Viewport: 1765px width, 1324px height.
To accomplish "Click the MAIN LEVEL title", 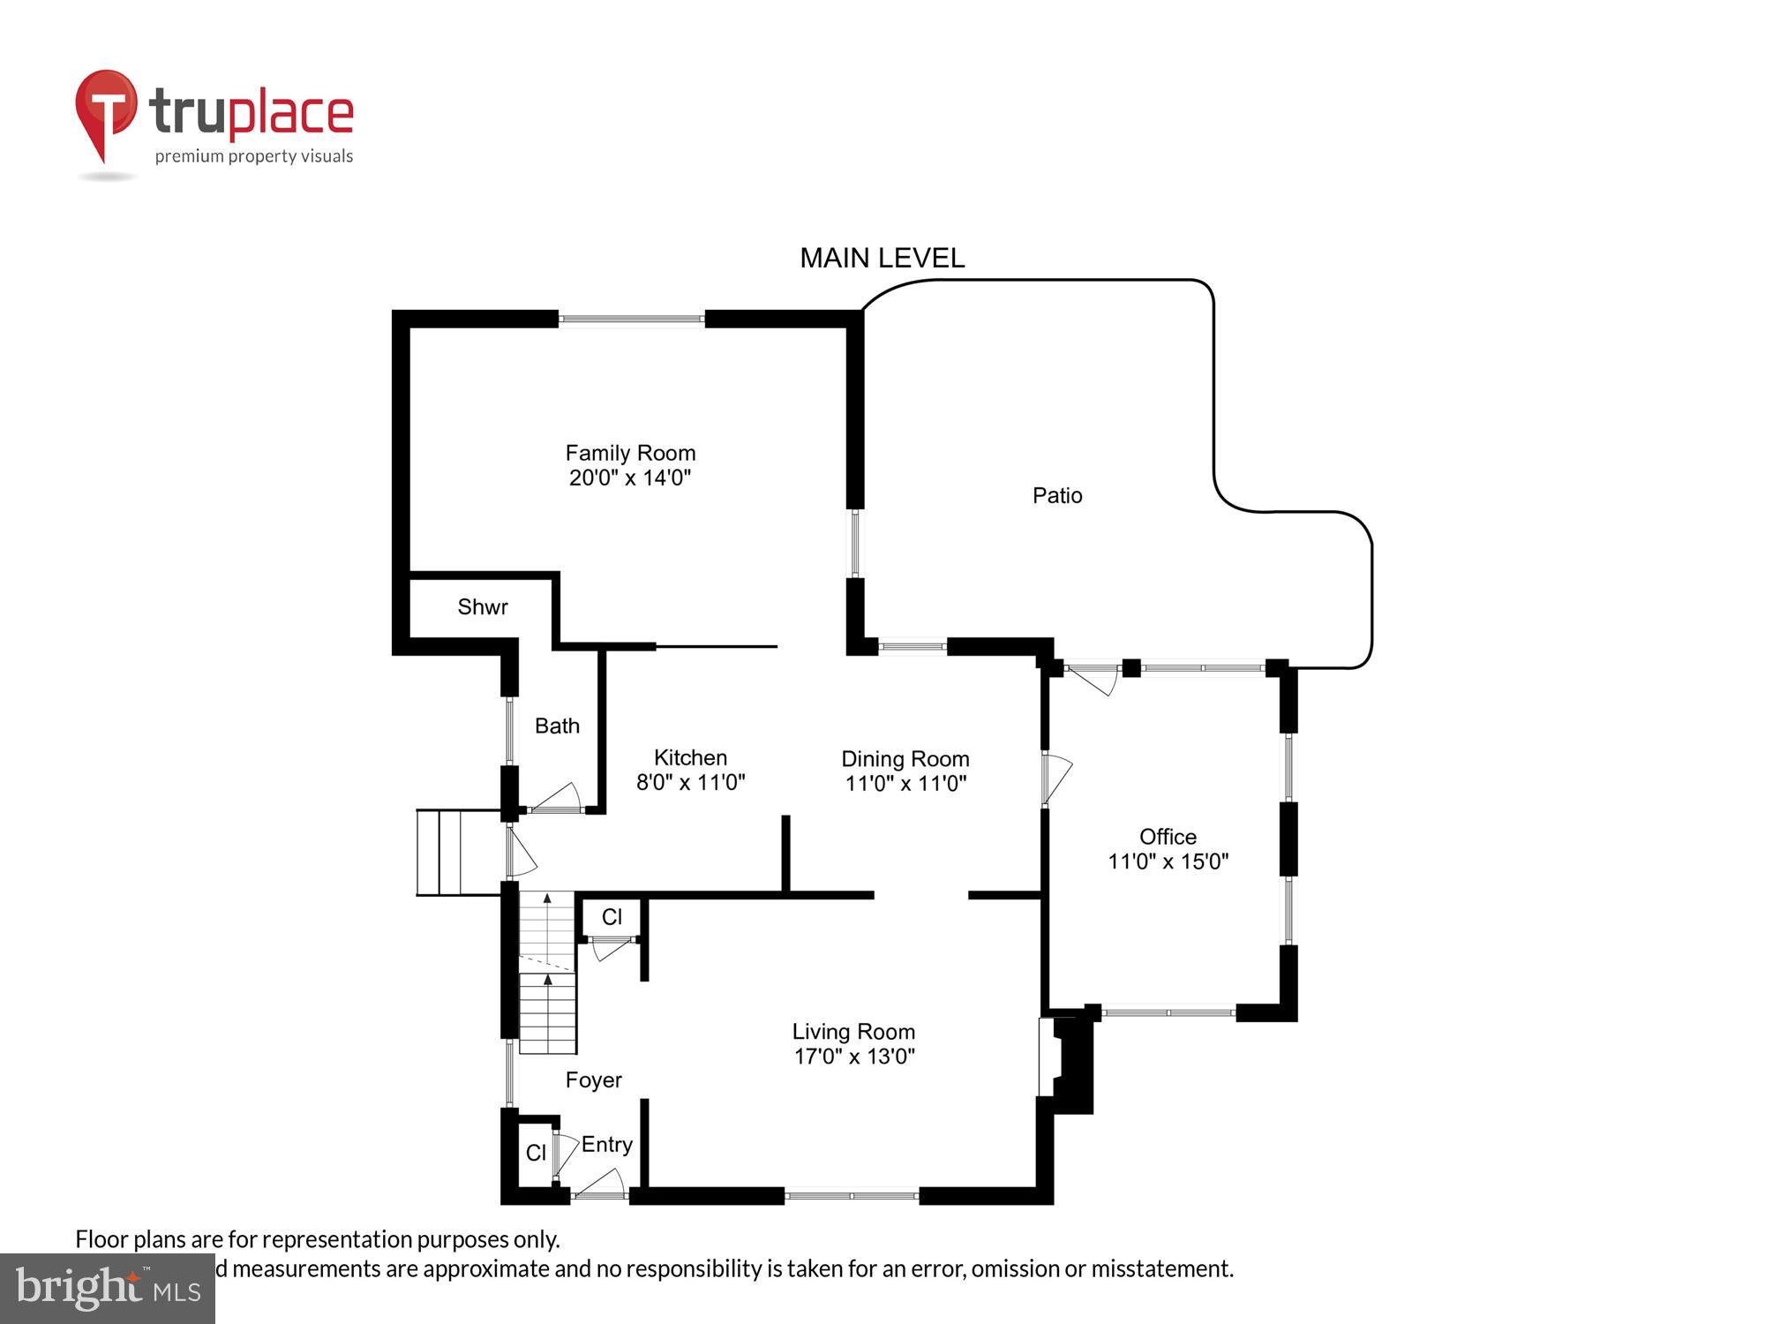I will point(882,258).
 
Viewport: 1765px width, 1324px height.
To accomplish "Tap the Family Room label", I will point(630,453).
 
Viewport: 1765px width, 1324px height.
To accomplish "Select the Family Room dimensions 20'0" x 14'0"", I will point(630,478).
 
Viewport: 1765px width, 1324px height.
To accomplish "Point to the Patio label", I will point(1057,495).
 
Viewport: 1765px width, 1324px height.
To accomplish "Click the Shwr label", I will point(483,606).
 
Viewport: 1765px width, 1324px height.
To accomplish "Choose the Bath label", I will point(557,726).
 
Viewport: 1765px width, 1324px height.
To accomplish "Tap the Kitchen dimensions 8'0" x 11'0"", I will point(691,782).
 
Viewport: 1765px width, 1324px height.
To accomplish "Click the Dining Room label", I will point(905,759).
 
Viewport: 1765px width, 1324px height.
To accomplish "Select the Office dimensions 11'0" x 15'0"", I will point(1168,861).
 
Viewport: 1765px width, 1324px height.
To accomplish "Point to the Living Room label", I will point(853,1031).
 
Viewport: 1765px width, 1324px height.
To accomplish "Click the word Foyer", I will point(593,1080).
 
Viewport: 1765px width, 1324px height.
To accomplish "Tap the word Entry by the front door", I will point(607,1145).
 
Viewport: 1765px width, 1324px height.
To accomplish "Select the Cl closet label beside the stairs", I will point(612,917).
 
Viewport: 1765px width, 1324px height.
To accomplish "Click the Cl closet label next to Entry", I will point(536,1153).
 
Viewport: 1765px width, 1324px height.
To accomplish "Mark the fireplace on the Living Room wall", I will point(1066,1063).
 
